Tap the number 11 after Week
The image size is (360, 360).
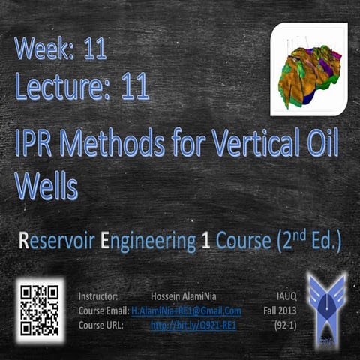pyautogui.click(x=94, y=49)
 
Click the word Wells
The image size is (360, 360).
pyautogui.click(x=46, y=187)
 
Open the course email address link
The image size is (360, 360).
pyautogui.click(x=187, y=310)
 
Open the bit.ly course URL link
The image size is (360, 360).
pyautogui.click(x=193, y=325)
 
